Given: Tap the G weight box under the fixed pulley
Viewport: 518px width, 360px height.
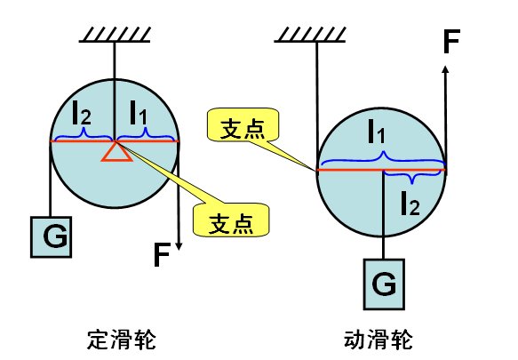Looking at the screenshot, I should coord(49,236).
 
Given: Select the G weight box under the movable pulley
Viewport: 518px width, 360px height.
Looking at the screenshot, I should coord(383,284).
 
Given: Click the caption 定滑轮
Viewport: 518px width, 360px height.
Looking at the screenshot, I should coord(116,339).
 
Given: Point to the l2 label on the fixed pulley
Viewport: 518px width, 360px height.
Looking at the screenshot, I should coord(83,113).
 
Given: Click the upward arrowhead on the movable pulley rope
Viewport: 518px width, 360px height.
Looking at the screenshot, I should coord(445,68).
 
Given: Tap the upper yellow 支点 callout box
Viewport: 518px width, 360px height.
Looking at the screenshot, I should coord(240,126).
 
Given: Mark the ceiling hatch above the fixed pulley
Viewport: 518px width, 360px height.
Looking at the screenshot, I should coord(115,36).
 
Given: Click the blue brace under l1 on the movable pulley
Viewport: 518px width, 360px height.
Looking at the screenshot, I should coord(382,159).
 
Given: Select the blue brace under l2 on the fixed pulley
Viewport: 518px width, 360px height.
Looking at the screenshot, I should coord(84,134).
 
